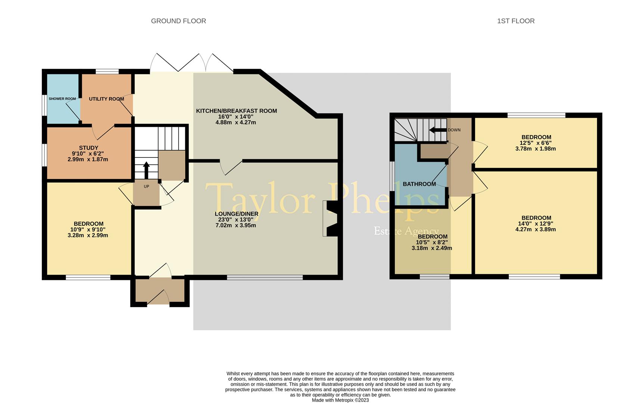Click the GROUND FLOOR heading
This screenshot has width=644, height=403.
click(x=178, y=21)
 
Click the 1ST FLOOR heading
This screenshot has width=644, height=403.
click(x=515, y=21)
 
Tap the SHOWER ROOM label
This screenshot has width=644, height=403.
click(x=62, y=99)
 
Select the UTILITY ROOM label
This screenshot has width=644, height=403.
click(x=106, y=99)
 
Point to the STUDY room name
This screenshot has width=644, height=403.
click(x=89, y=148)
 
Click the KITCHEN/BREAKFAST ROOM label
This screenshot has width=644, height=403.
click(x=236, y=111)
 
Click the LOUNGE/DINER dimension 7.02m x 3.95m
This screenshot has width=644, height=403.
click(x=236, y=225)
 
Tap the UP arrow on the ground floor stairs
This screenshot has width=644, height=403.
click(x=146, y=170)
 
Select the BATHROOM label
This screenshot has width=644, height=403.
click(x=419, y=184)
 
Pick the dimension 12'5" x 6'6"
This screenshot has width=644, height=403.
click(x=536, y=143)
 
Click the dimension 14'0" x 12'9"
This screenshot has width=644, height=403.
click(x=536, y=224)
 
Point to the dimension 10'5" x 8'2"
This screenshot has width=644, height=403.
click(x=432, y=242)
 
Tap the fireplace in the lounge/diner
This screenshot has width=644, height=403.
click(x=330, y=219)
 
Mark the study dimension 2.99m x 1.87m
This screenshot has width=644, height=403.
click(x=88, y=159)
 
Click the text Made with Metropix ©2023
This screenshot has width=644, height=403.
click(x=340, y=400)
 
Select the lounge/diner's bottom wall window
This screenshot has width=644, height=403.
click(x=264, y=277)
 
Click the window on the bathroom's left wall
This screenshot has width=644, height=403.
click(x=392, y=176)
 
